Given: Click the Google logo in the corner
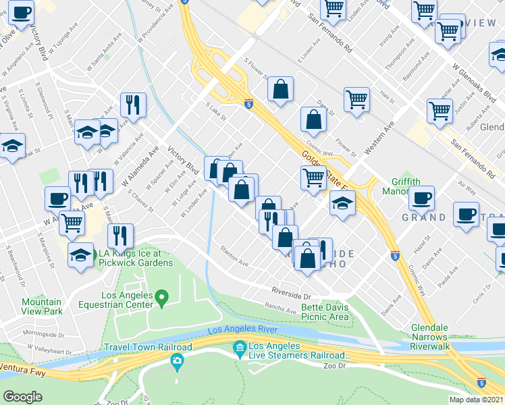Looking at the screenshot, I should (23, 397).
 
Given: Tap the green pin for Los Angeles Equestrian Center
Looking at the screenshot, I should (161, 296).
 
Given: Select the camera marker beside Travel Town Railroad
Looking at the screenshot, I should (178, 360).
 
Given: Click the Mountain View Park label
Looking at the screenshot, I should (42, 306).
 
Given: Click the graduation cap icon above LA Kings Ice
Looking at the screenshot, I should (81, 254).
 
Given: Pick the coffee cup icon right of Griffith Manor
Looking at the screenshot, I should (422, 198).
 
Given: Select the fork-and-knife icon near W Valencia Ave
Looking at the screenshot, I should (133, 104).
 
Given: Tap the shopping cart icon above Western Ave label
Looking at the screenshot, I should (356, 99).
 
